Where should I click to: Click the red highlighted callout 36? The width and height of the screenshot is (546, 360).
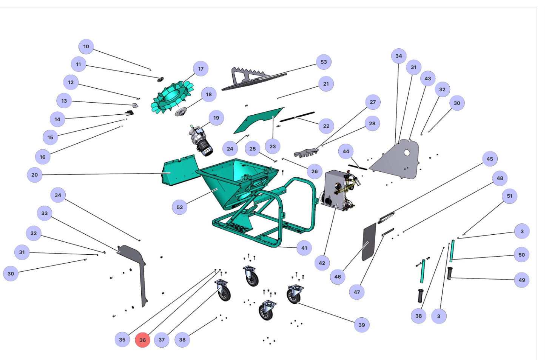[x=142, y=340]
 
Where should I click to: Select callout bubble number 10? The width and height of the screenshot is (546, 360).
[x=86, y=46]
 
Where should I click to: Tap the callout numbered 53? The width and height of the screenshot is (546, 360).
[x=324, y=62]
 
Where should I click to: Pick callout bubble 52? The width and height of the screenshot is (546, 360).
[x=180, y=207]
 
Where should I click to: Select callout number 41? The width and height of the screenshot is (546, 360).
[x=304, y=248]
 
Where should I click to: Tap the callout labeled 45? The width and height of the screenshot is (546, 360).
[x=490, y=159]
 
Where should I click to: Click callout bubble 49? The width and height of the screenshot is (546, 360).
[x=521, y=280]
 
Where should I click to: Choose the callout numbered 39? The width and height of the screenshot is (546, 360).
[x=361, y=325]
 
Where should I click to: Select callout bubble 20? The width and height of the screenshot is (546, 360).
[x=35, y=175]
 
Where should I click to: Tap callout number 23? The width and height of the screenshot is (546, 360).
[x=273, y=146]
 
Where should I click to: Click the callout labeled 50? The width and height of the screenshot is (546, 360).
[x=521, y=255]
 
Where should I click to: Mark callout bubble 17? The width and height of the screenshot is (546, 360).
[x=201, y=69]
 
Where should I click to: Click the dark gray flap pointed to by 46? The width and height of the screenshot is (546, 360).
[x=369, y=242]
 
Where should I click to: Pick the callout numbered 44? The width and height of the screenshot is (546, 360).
[x=346, y=151]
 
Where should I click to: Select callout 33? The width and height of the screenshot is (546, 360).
[x=45, y=213]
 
